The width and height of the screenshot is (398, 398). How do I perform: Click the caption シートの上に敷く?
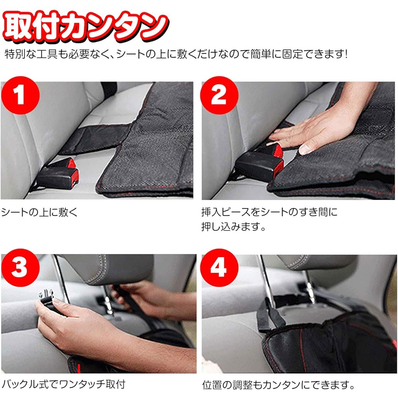point(39,212)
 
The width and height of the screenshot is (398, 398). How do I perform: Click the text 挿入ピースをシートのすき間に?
point(269,212)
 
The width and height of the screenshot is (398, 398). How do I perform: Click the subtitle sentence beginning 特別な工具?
point(175,54)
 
